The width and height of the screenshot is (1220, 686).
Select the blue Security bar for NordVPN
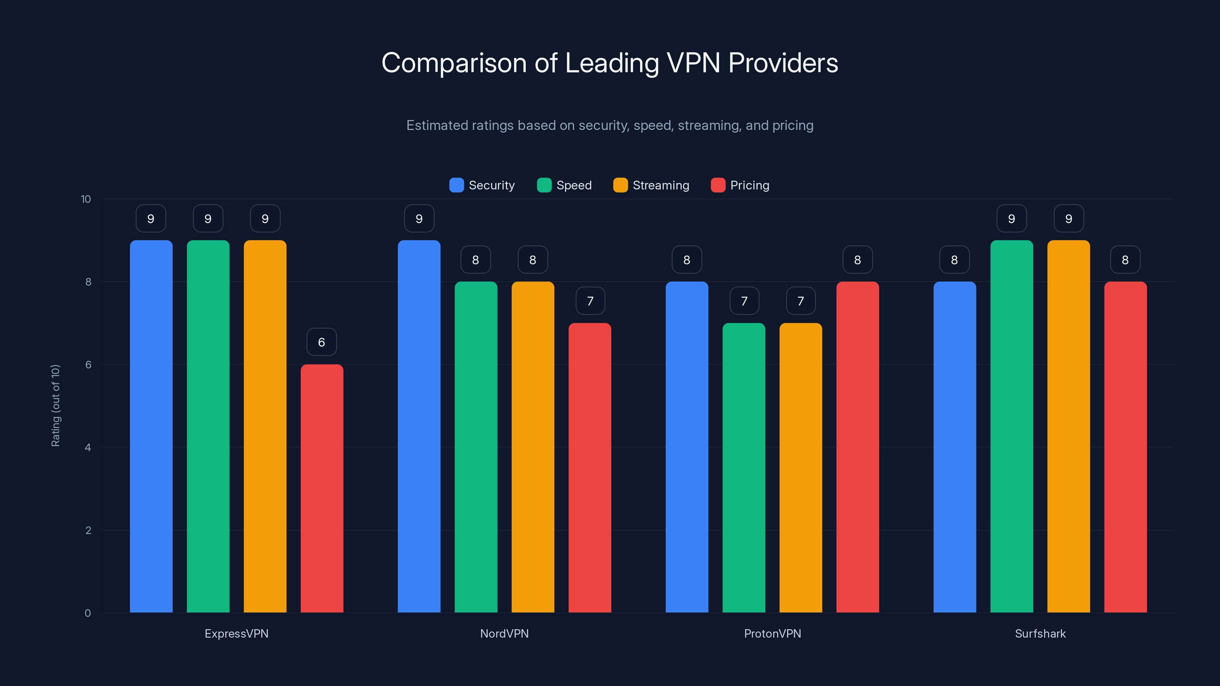[x=419, y=426]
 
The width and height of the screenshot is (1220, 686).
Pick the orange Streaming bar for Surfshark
[x=1068, y=426]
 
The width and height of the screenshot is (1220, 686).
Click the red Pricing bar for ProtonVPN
[x=857, y=447]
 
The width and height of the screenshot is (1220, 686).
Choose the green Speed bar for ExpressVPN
[x=208, y=426]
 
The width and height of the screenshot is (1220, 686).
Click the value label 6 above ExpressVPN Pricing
[x=321, y=342]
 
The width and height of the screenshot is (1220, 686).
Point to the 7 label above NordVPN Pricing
[x=590, y=301]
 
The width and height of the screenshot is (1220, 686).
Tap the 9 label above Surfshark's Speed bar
[x=1011, y=218]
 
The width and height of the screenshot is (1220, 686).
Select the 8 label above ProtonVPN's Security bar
[x=687, y=260]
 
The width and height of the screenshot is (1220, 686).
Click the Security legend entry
[x=482, y=185]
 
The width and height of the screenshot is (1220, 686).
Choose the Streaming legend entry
[x=651, y=185]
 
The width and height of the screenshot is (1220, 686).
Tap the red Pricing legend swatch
[x=718, y=185]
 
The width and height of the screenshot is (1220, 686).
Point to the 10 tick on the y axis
[x=86, y=199]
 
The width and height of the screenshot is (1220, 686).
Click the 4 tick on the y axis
[x=88, y=447]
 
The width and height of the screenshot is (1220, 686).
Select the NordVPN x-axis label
[x=504, y=633]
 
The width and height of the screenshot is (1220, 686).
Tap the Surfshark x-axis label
[x=1040, y=633]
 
